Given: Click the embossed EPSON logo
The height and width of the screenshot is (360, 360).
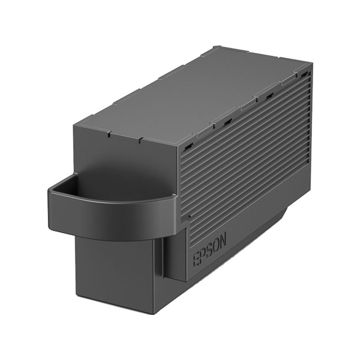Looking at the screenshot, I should [210, 250].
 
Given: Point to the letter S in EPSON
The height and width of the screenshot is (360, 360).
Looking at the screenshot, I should [209, 250].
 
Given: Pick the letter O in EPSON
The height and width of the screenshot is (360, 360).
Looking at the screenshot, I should [216, 246].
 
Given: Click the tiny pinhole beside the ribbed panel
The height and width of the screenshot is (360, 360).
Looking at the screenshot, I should [189, 216].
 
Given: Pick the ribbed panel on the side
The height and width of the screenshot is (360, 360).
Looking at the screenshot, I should [247, 146].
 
